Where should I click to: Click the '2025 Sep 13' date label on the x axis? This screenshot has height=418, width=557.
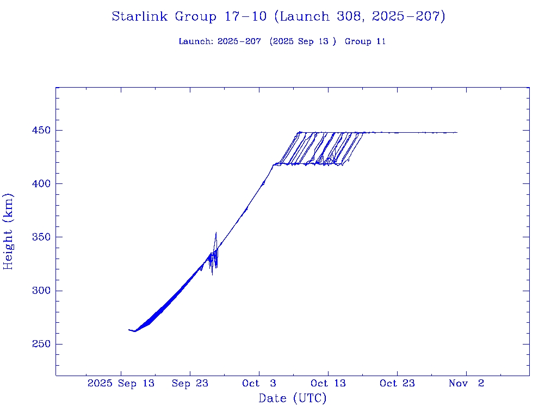pyautogui.click(x=121, y=383)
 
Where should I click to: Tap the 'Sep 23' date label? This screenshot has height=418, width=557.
pyautogui.click(x=190, y=383)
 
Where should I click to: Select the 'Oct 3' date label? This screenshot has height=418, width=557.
pyautogui.click(x=259, y=383)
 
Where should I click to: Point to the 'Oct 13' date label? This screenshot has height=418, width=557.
pyautogui.click(x=328, y=383)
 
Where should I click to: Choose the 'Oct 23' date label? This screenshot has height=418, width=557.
pyautogui.click(x=397, y=383)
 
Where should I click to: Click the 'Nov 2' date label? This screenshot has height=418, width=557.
pyautogui.click(x=466, y=383)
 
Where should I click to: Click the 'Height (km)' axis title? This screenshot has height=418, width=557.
pyautogui.click(x=8, y=231)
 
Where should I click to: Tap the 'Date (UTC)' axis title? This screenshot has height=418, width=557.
pyautogui.click(x=293, y=398)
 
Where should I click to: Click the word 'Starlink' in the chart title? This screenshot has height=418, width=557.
pyautogui.click(x=140, y=17)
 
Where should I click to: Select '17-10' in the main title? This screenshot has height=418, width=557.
pyautogui.click(x=245, y=17)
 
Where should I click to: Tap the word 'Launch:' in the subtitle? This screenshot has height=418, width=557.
pyautogui.click(x=196, y=41)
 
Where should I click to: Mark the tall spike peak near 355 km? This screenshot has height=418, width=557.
pyautogui.click(x=216, y=233)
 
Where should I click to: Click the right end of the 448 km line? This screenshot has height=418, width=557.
pyautogui.click(x=457, y=132)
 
